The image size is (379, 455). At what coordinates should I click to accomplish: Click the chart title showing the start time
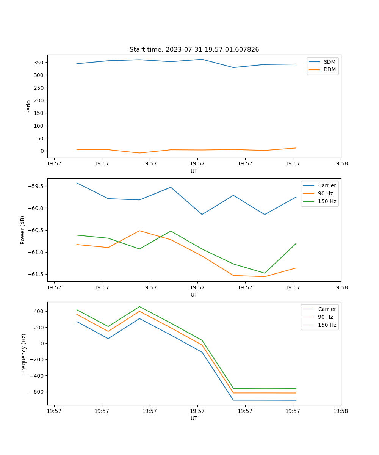194,50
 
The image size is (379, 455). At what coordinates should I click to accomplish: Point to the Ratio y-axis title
29,107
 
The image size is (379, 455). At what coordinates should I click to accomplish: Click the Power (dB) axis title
23,230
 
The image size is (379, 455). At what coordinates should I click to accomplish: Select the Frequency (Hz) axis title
24,353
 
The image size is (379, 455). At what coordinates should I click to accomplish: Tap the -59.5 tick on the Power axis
36,186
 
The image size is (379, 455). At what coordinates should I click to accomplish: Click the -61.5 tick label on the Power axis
36,275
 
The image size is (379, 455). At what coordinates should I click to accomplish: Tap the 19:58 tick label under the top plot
340,164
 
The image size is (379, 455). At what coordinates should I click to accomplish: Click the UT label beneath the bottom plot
194,418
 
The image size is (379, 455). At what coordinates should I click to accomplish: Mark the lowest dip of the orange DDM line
139,153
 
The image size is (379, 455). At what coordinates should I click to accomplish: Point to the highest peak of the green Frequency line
139,306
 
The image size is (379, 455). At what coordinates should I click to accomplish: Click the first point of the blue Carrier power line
77,183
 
